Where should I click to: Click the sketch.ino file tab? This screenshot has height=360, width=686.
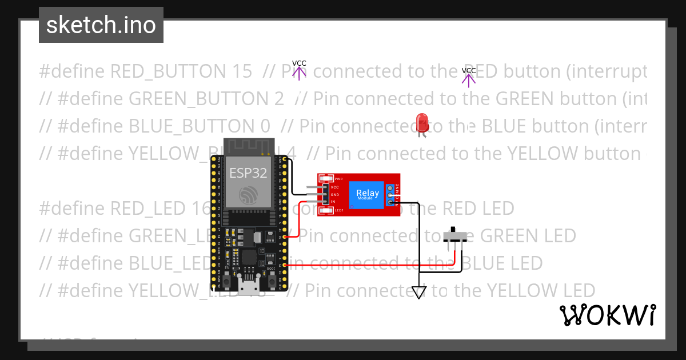101,25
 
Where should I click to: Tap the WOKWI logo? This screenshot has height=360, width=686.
607,315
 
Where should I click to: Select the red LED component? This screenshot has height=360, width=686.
422,122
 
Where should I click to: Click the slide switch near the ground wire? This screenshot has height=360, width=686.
456,235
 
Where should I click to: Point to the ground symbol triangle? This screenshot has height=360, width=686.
420,293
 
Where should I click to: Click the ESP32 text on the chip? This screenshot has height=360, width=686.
248,173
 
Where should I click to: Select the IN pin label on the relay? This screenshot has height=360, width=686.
333,202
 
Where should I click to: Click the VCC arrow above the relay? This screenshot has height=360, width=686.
299,71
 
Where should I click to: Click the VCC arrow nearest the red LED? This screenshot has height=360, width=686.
469,78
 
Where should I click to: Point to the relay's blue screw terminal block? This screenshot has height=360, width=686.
391,194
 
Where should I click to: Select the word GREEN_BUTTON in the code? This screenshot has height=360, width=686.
206,99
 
